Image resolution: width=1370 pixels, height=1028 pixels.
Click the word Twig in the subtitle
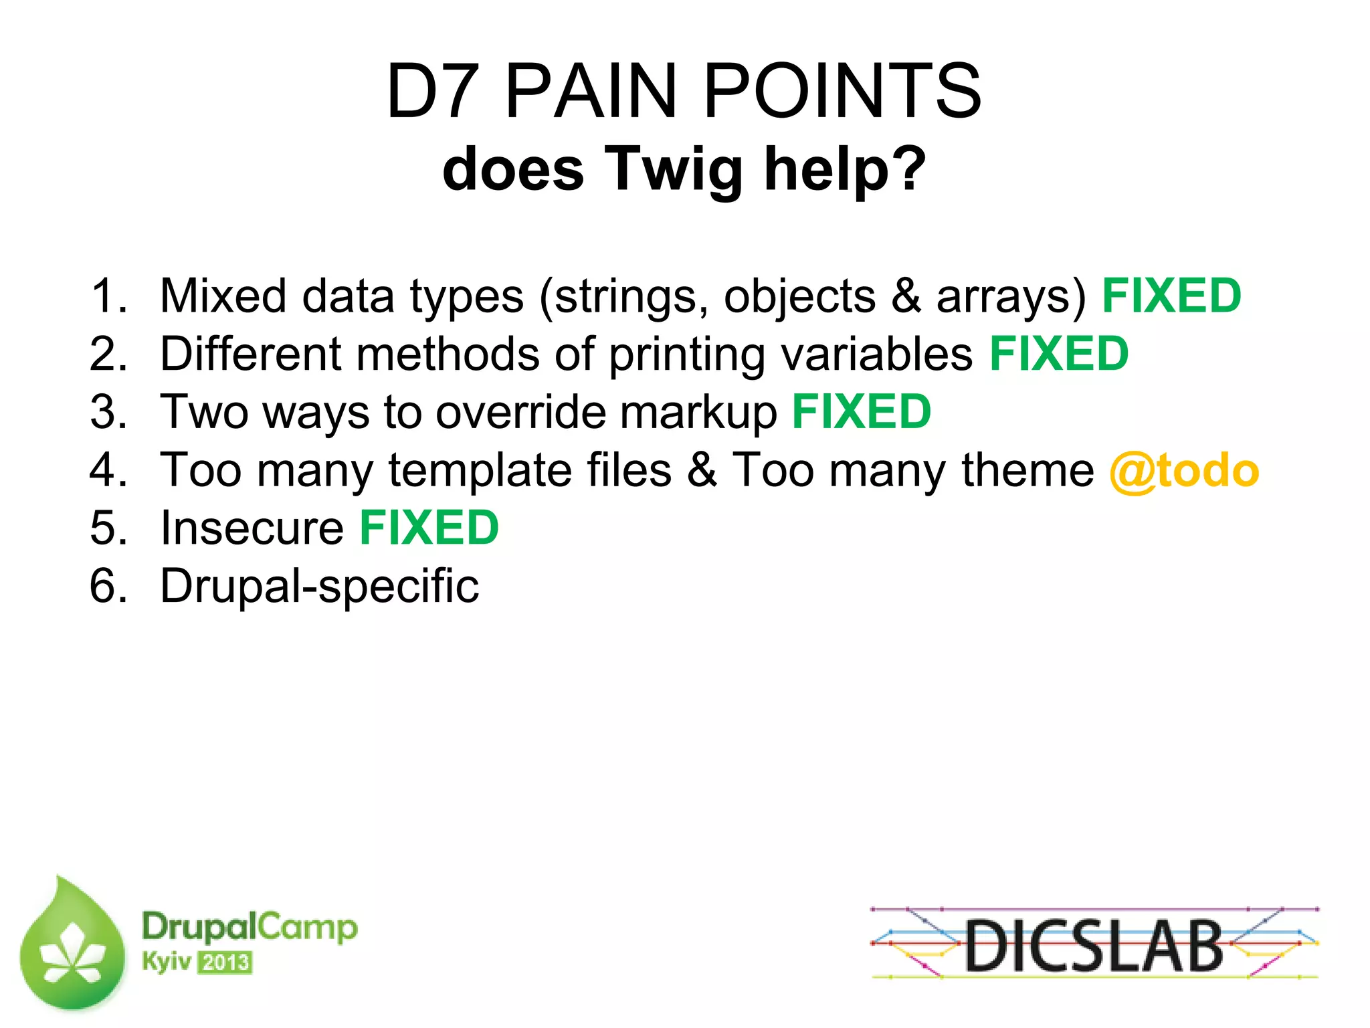[674, 169]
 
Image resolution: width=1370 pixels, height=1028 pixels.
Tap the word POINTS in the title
[842, 92]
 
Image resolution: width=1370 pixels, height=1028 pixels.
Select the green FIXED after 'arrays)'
[1171, 296]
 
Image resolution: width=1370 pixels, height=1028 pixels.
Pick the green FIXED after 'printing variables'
[1059, 354]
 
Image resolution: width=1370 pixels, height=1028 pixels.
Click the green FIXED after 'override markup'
[862, 411]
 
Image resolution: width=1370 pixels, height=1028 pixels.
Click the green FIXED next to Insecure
[429, 528]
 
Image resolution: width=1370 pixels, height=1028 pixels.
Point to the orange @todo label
[1183, 470]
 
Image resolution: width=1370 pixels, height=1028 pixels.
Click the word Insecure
[252, 528]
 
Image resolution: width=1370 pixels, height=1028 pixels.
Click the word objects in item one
[799, 297]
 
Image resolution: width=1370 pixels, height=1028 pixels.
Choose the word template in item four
[480, 470]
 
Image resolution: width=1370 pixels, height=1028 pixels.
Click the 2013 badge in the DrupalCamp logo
[225, 962]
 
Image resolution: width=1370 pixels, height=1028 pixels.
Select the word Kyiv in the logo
[166, 962]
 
